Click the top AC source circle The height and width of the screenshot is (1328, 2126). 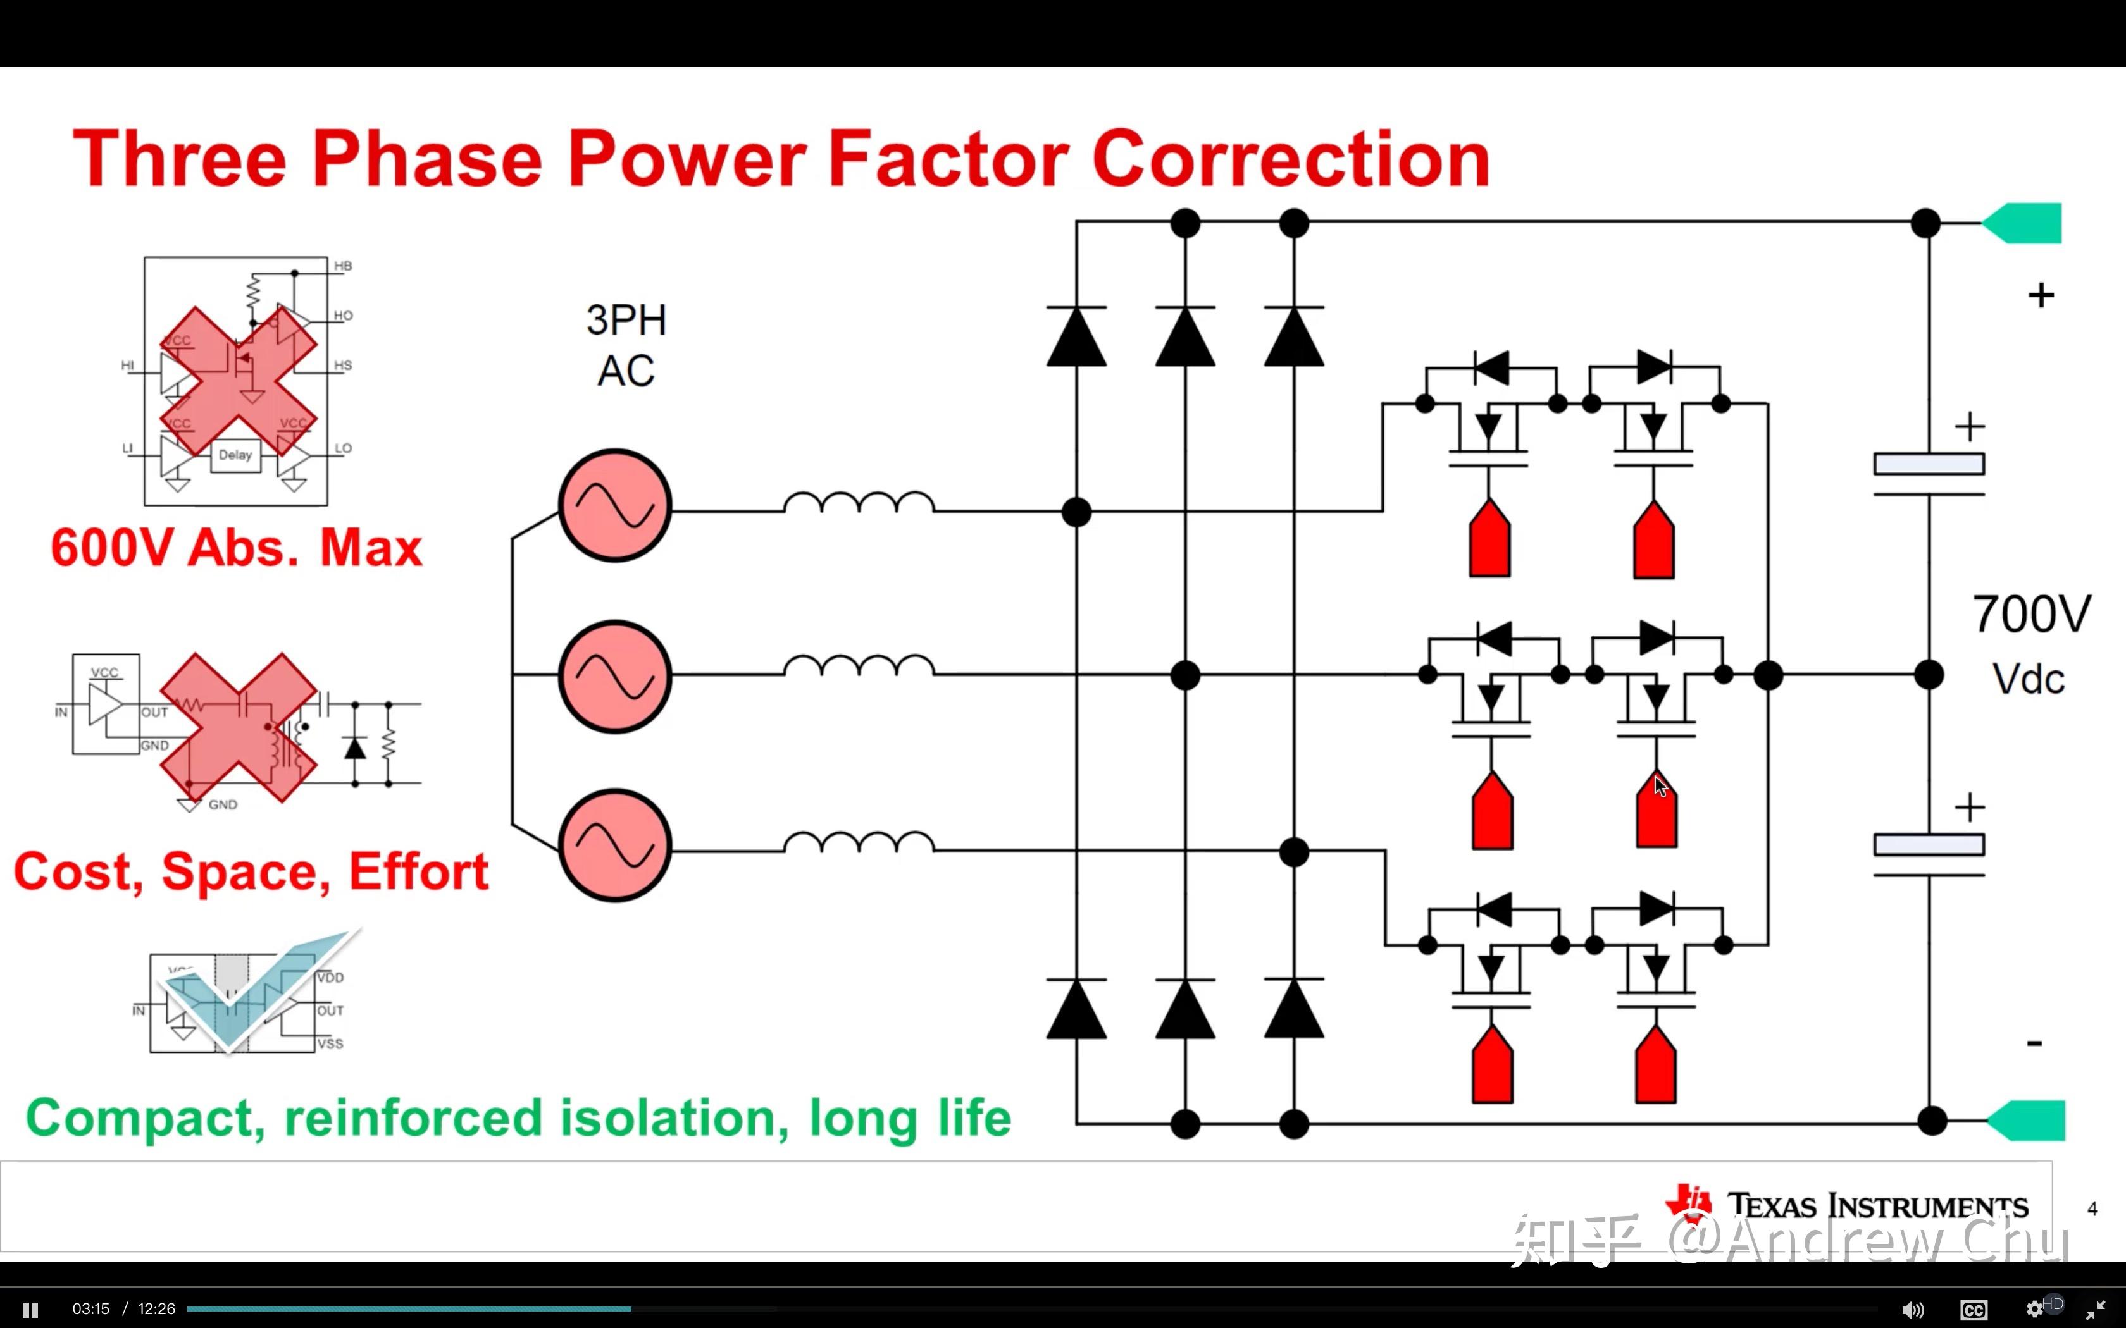615,506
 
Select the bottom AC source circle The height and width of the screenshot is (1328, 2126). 615,846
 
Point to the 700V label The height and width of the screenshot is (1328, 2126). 2031,614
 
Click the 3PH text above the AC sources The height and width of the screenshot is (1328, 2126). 626,321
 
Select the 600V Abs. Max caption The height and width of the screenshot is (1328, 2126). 236,548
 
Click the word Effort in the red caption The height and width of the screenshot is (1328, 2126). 418,872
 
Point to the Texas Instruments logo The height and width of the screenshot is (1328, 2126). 1845,1205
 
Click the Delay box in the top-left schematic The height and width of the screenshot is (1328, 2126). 235,455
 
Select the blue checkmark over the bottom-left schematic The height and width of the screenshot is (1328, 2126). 255,992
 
